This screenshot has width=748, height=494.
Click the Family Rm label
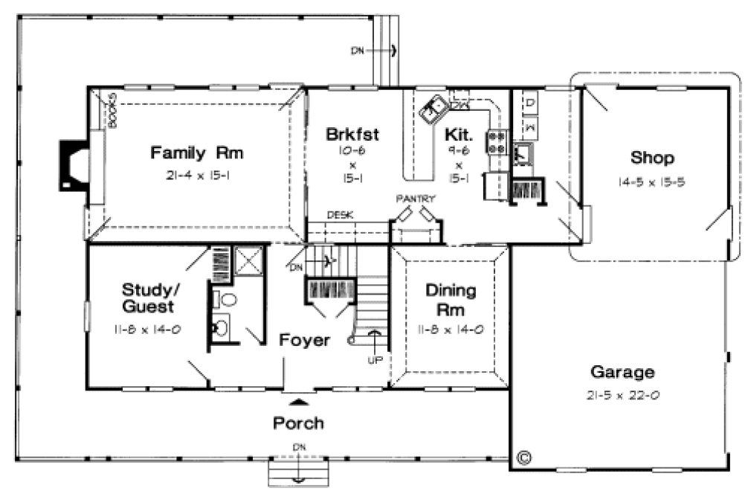tap(197, 153)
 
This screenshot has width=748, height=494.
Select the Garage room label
tap(622, 371)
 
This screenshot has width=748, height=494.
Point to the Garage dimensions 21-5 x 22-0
tap(622, 395)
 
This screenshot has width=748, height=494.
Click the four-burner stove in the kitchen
tap(496, 141)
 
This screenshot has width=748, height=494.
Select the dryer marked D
tap(532, 101)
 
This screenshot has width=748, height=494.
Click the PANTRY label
tap(416, 199)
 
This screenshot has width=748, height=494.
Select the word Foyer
tap(304, 340)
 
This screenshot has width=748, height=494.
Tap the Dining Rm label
tap(451, 298)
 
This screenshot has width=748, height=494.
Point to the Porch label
tap(298, 423)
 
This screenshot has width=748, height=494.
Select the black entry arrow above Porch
tap(298, 401)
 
